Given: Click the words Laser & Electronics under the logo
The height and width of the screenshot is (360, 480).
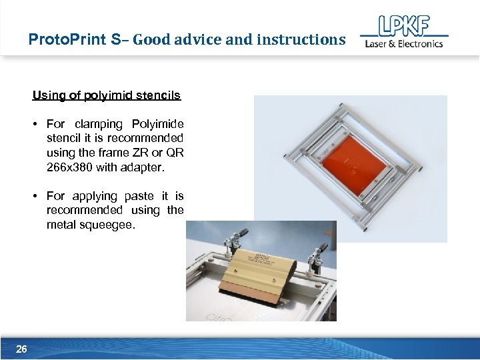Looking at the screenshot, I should (403, 44).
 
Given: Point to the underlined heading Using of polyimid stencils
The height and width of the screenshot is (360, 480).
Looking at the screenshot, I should (107, 95).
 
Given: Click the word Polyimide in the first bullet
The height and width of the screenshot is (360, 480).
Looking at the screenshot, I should (158, 124).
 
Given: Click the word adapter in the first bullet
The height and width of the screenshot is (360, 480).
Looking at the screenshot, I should (143, 167).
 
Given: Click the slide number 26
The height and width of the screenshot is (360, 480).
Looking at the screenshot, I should (21, 349).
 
